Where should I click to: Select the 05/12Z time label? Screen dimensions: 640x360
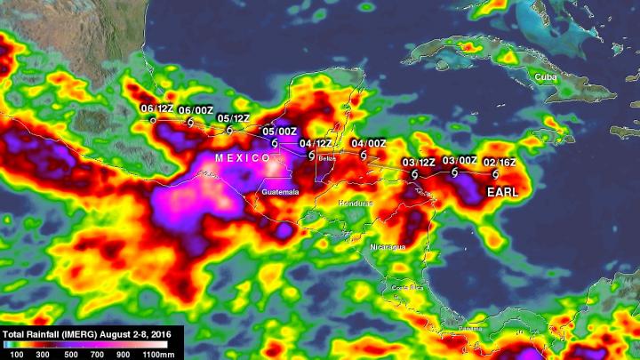(x=233, y=118)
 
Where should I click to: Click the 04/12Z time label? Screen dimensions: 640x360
(x=316, y=143)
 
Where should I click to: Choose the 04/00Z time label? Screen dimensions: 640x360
(x=369, y=143)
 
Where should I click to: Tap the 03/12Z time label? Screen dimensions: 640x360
(x=419, y=163)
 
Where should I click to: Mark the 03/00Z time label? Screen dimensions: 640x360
(x=460, y=161)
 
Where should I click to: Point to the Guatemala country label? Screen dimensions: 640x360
(x=281, y=192)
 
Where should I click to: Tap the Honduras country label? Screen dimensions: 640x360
(x=356, y=204)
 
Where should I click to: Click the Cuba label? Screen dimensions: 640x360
(x=545, y=77)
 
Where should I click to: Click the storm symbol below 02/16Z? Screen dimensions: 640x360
(x=495, y=174)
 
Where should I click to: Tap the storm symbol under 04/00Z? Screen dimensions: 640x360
(x=363, y=154)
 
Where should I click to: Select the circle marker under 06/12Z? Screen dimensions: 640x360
(x=153, y=119)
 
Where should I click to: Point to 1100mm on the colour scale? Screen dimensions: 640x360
(x=165, y=354)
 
